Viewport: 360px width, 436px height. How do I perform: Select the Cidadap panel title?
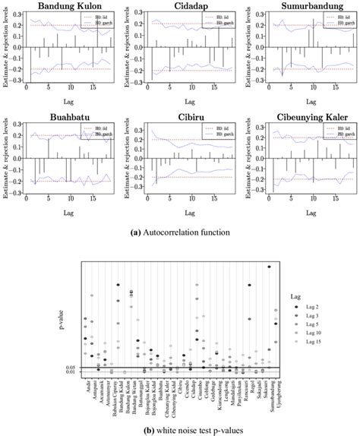tap(183, 8)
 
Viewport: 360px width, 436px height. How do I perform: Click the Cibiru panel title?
tap(183, 119)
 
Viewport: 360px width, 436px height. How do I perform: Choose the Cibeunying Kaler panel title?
tap(301, 119)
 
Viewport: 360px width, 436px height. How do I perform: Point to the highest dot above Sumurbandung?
tap(269, 267)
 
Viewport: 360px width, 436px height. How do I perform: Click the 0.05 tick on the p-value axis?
tap(70, 367)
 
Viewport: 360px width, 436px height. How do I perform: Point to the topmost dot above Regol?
tap(249, 286)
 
